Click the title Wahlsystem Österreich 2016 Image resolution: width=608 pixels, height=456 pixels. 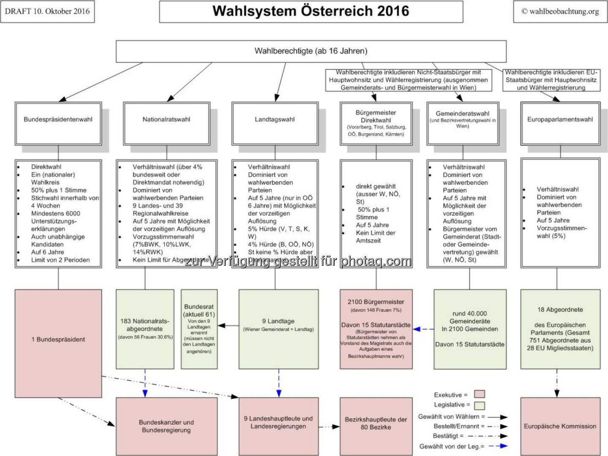pyautogui.click(x=311, y=11)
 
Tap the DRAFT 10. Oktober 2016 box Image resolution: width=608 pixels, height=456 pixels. pyautogui.click(x=47, y=11)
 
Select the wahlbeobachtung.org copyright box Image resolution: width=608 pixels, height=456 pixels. pyautogui.click(x=560, y=11)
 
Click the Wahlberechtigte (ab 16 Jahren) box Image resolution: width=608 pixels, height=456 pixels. pyautogui.click(x=311, y=51)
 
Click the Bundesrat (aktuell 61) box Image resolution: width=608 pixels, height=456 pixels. pyautogui.click(x=199, y=329)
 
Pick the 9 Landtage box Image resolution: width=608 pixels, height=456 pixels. pyautogui.click(x=278, y=329)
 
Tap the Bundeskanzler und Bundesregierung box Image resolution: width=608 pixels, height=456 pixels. pyautogui.click(x=166, y=426)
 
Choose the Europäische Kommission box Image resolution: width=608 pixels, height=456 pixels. pyautogui.click(x=560, y=426)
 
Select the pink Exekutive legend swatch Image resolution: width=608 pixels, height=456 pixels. pyautogui.click(x=479, y=394)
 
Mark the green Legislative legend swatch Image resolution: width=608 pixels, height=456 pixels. pyautogui.click(x=479, y=405)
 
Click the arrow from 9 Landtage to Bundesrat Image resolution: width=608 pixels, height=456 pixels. pyautogui.click(x=228, y=325)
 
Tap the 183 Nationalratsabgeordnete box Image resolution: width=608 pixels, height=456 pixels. pyautogui.click(x=145, y=329)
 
